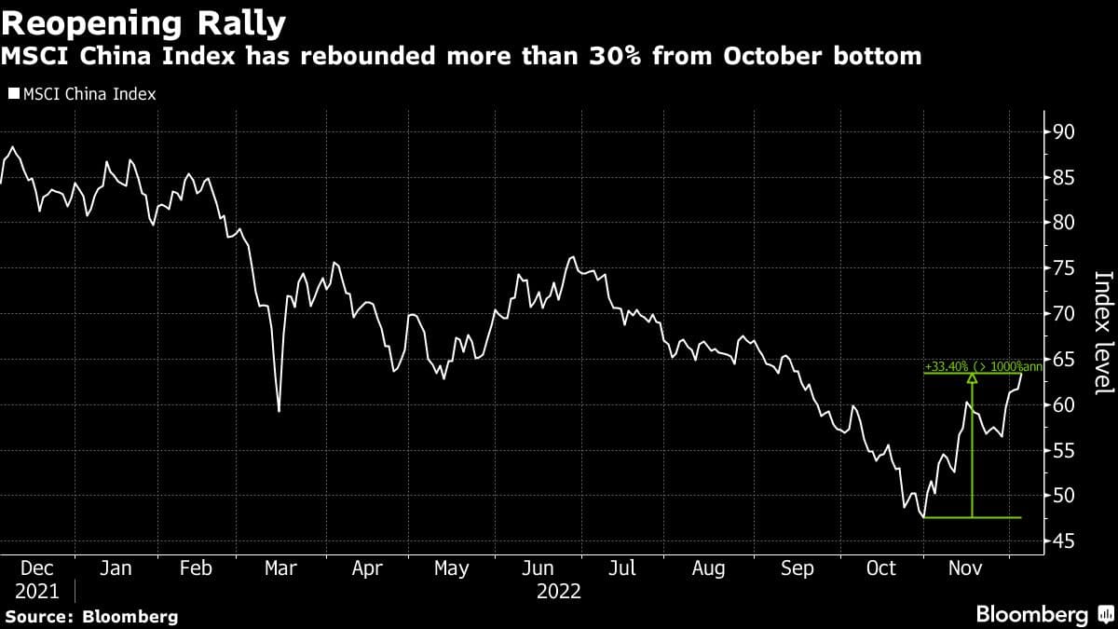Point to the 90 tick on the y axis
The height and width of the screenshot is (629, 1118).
pos(1064,131)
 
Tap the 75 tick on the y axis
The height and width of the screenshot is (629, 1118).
pos(1064,268)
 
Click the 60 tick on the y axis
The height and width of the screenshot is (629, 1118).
pos(1064,404)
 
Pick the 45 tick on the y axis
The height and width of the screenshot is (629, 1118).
pos(1064,541)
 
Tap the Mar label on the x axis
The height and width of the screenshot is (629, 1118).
pos(279,567)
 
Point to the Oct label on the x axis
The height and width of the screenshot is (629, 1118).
pos(881,567)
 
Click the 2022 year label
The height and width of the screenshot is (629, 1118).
pos(559,591)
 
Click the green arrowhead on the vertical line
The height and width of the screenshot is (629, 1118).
pos(973,378)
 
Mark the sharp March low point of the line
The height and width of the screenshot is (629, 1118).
pos(279,411)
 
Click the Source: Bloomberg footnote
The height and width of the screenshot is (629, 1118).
pos(91,616)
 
